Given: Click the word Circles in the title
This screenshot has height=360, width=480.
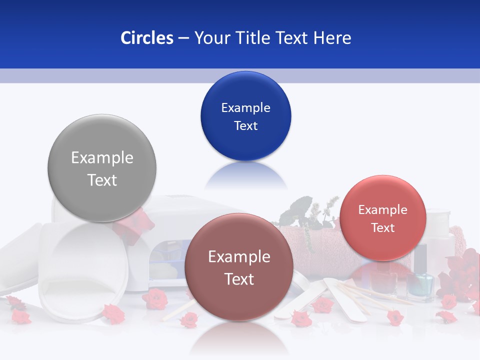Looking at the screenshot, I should (147, 38).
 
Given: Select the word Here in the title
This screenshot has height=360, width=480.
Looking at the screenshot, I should (332, 38).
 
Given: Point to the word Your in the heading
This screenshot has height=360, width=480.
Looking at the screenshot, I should (210, 38).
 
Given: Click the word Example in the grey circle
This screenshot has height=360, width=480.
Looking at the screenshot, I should (102, 158).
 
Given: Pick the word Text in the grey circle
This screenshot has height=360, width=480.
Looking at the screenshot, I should (102, 180).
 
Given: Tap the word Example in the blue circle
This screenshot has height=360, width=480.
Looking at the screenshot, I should (245, 108).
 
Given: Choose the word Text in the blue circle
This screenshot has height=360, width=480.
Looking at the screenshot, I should (245, 125).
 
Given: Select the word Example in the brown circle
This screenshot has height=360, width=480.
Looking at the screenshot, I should (239, 257).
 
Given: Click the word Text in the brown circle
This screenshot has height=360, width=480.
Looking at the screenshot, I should (239, 279).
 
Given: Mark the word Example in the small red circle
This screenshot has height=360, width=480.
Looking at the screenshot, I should (382, 210).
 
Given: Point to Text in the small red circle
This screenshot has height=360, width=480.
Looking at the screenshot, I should (382, 227).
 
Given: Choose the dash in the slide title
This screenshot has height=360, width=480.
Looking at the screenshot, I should (183, 38).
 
